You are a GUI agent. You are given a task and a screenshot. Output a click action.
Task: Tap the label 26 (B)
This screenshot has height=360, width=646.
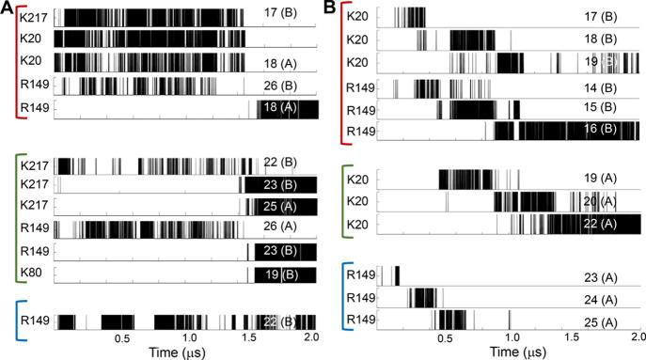point(282,86)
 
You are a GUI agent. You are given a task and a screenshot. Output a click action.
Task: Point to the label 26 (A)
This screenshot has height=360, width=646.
point(282,228)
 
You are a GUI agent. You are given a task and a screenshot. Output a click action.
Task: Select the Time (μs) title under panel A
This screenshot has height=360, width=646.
point(185,351)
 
